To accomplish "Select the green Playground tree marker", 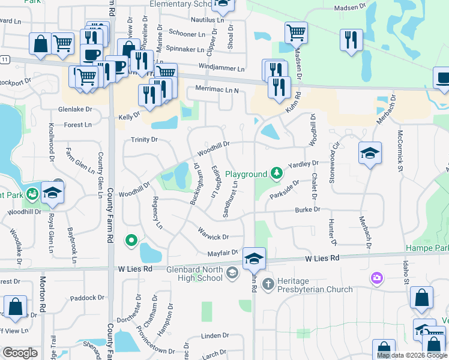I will pos(276,174).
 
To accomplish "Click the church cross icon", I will pos(268,283).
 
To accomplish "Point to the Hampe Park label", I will pos(427,248).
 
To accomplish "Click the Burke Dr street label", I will pos(307,209).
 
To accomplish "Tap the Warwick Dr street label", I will pos(213,233).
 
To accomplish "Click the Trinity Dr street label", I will pos(144,139).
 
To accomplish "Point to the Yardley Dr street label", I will pos(303,164).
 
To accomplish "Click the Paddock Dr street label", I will pos(87,298).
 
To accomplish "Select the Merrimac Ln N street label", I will pos(217,90).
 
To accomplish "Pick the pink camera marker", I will pos(377,278).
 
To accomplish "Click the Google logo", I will pos(20,353).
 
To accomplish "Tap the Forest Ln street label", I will pos(78,125).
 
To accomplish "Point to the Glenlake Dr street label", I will pos(75,109).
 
